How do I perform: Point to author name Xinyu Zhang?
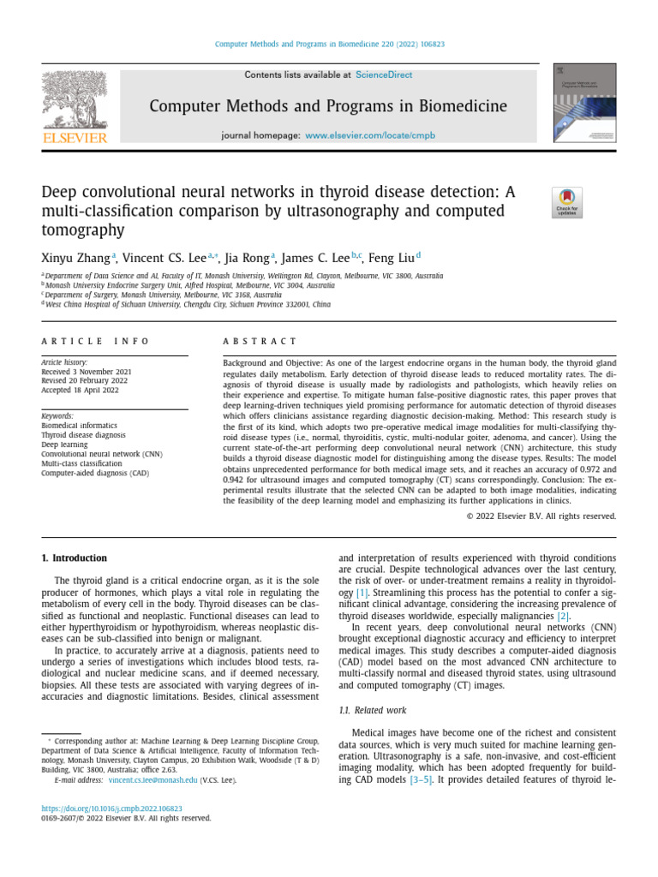point(75,257)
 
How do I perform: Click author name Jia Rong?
point(247,257)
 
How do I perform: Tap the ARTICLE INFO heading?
point(96,341)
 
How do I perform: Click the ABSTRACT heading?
point(260,341)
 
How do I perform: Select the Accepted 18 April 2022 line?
point(81,391)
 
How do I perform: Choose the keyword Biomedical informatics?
point(80,425)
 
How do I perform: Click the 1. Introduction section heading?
point(75,558)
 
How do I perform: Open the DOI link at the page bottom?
point(112,808)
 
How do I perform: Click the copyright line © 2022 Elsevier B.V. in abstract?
point(541,516)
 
